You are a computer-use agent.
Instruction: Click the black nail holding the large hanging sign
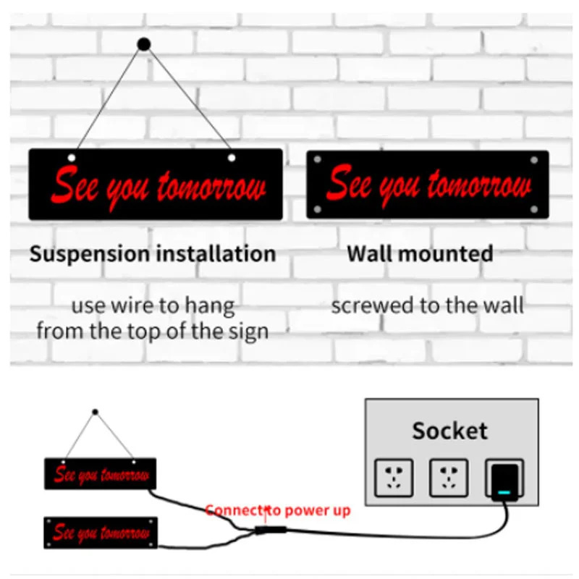pyautogui.click(x=143, y=45)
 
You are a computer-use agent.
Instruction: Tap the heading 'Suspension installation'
pyautogui.click(x=153, y=254)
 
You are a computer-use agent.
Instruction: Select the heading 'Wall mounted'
pyautogui.click(x=420, y=254)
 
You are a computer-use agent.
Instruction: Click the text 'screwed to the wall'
pyautogui.click(x=427, y=305)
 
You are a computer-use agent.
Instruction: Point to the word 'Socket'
pyautogui.click(x=449, y=431)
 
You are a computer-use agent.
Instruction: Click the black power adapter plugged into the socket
pyautogui.click(x=505, y=480)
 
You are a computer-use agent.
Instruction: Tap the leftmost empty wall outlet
pyautogui.click(x=394, y=478)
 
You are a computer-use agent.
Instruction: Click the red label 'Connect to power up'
pyautogui.click(x=278, y=510)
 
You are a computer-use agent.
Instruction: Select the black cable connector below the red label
pyautogui.click(x=269, y=530)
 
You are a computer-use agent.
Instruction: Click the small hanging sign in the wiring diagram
pyautogui.click(x=101, y=473)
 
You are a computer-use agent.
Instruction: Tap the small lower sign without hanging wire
pyautogui.click(x=101, y=533)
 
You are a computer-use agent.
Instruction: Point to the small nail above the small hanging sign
pyautogui.click(x=95, y=412)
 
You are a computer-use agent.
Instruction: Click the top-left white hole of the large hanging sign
pyautogui.click(x=72, y=158)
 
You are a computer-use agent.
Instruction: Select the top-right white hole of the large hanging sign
pyautogui.click(x=232, y=157)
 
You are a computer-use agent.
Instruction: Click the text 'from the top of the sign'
pyautogui.click(x=153, y=331)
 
